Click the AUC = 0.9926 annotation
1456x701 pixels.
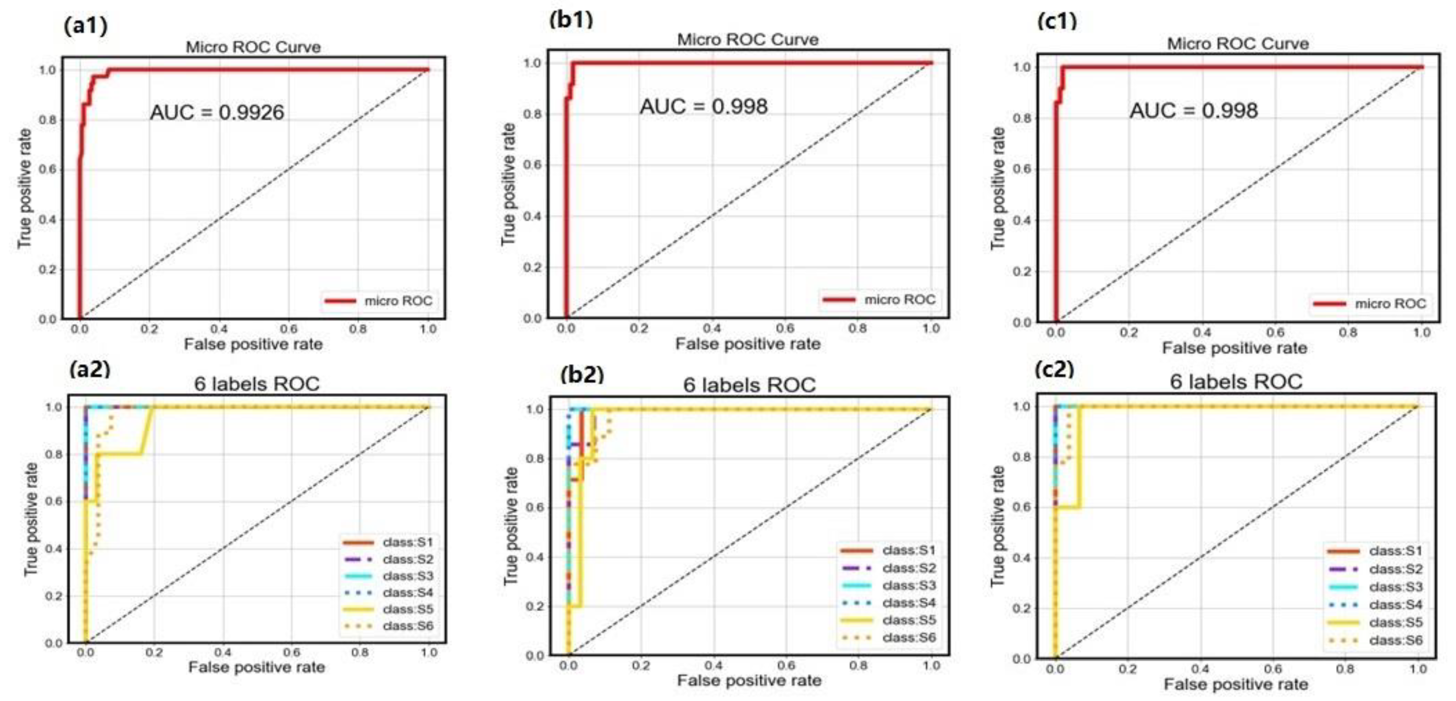click(217, 112)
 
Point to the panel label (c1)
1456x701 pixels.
click(1057, 21)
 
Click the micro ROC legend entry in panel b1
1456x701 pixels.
click(880, 299)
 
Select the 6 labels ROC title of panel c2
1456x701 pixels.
click(1236, 382)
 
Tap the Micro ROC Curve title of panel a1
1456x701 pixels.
click(253, 47)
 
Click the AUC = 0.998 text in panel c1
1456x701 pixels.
click(1194, 110)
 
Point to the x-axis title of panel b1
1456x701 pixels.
click(748, 344)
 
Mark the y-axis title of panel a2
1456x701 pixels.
click(31, 519)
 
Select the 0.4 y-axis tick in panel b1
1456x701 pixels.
click(532, 216)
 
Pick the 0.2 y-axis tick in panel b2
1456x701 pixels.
click(535, 606)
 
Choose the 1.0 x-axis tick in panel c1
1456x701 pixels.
click(1421, 333)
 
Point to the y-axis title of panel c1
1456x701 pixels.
click(998, 189)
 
